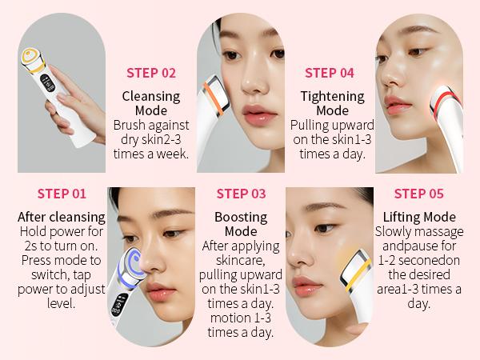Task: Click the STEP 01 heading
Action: [x=62, y=194]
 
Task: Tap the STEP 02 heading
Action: [x=151, y=73]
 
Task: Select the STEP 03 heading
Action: [x=241, y=194]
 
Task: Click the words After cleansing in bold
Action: [x=62, y=218]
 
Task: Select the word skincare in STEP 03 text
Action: [x=241, y=261]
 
